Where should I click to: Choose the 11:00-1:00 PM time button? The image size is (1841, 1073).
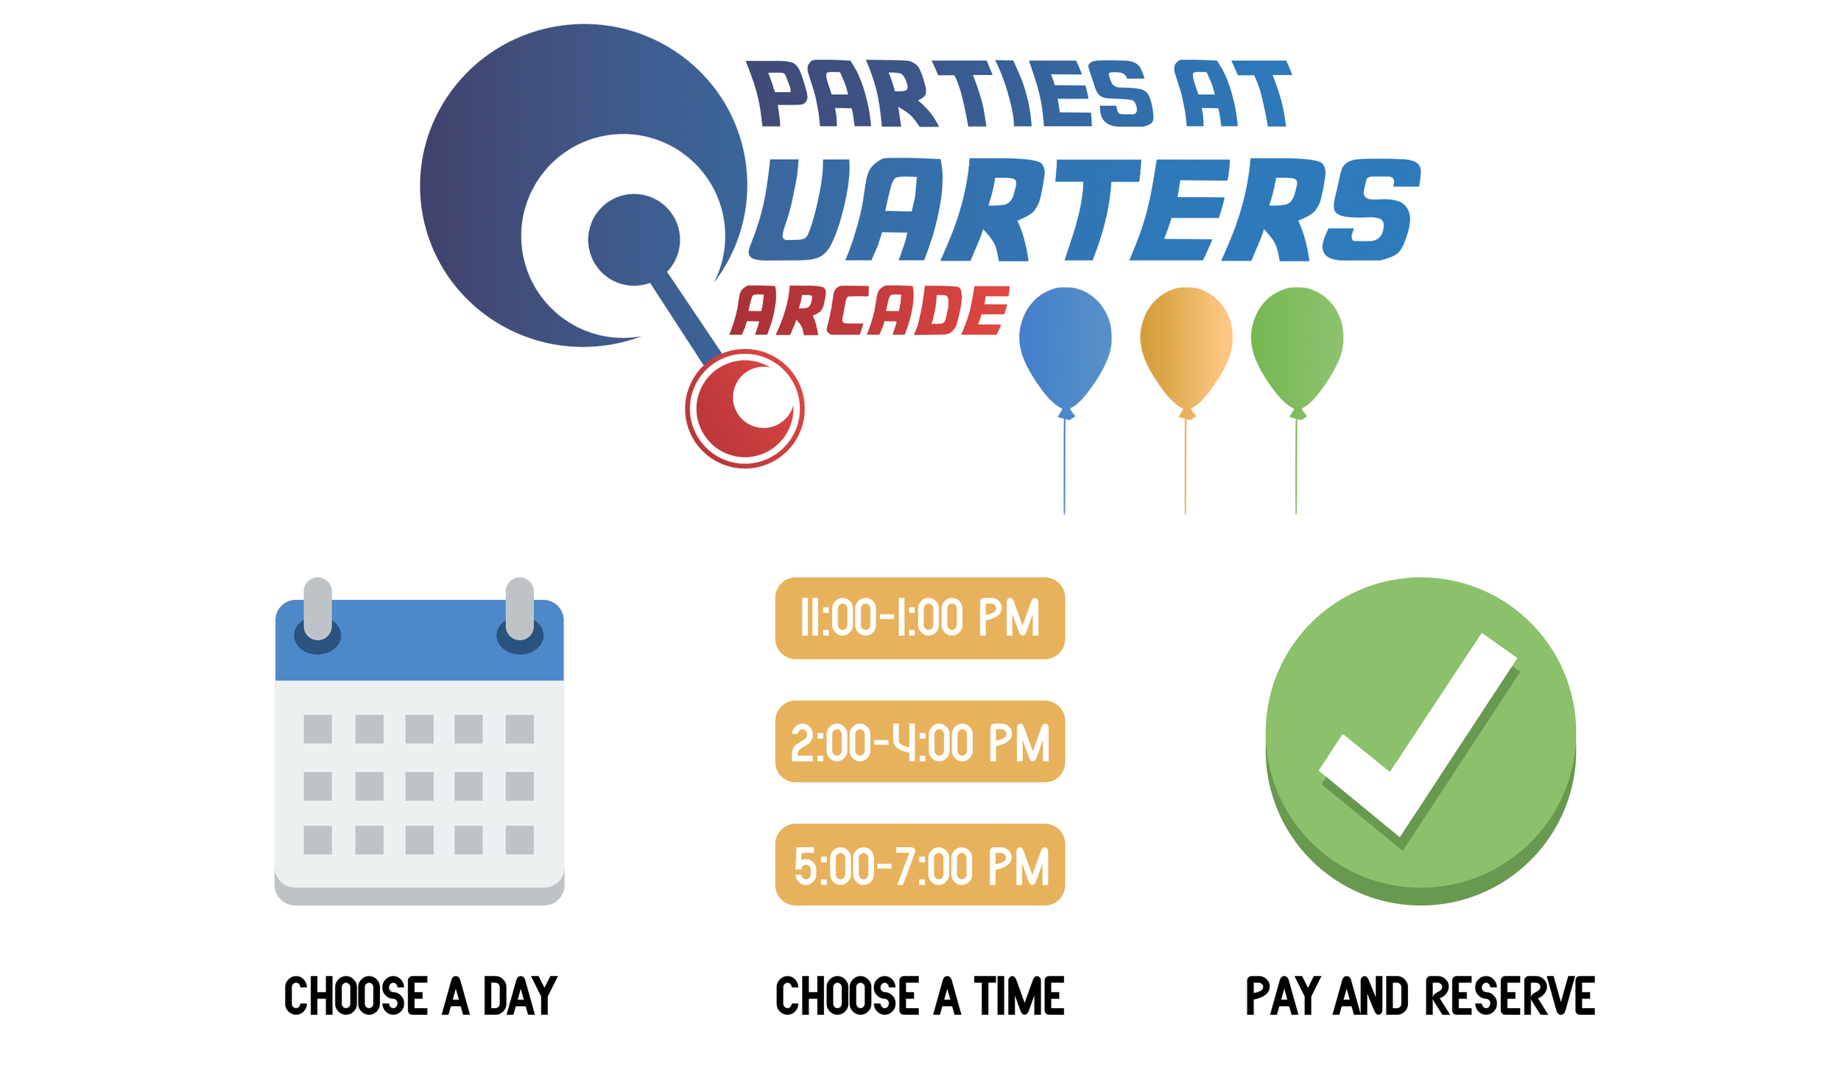(x=920, y=617)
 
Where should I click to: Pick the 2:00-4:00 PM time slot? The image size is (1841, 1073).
(x=920, y=741)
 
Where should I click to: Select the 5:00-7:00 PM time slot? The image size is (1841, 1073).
(x=920, y=865)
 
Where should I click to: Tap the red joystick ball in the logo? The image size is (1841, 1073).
(x=745, y=409)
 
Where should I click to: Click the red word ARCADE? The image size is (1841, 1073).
(x=869, y=311)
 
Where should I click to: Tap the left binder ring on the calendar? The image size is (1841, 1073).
(x=317, y=609)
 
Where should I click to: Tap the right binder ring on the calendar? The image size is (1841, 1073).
(x=520, y=609)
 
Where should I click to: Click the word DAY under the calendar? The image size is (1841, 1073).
(x=520, y=996)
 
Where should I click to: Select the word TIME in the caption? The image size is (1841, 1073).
(x=1019, y=996)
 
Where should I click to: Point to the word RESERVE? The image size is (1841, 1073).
(x=1510, y=996)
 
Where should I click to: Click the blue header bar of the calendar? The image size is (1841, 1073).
(x=419, y=655)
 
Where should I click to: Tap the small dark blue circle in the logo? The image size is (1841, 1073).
(x=633, y=240)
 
